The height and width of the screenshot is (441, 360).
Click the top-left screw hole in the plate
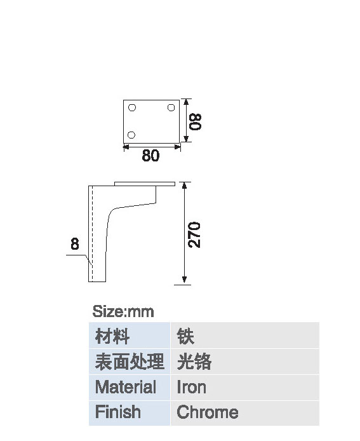tap(132, 107)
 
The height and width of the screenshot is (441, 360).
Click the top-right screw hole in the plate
tap(171, 107)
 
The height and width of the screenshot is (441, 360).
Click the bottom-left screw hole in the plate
tap(131, 135)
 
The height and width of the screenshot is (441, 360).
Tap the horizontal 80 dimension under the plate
tap(150, 155)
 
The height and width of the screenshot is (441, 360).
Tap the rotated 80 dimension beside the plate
tap(195, 121)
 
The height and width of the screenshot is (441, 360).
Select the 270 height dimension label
tap(194, 235)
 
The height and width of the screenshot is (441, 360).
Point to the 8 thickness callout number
tap(75, 244)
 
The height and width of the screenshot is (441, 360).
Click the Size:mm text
tap(123, 311)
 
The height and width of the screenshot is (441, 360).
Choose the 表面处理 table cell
tap(130, 362)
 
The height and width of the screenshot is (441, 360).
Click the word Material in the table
tap(126, 387)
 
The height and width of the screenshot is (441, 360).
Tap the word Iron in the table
tap(191, 387)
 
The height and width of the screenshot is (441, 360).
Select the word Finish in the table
tap(117, 412)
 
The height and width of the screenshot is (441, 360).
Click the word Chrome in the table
tap(208, 412)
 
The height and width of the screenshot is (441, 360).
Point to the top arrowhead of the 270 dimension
tap(184, 185)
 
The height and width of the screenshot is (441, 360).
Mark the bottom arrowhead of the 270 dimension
tap(184, 280)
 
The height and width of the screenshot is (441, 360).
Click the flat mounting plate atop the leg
tap(145, 184)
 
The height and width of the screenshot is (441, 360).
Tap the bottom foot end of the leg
tap(97, 282)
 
